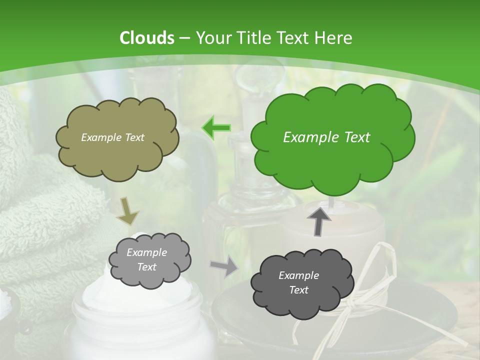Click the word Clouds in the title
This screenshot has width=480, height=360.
(x=147, y=38)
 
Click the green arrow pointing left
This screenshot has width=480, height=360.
(x=216, y=127)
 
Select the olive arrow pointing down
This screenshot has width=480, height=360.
(x=127, y=210)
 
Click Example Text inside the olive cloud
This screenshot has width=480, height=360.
(x=112, y=137)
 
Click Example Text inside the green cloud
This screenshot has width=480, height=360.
(x=326, y=137)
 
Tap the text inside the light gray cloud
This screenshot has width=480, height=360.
(x=146, y=260)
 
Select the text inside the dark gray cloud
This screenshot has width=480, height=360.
(x=298, y=282)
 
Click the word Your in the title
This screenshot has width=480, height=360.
(x=211, y=38)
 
